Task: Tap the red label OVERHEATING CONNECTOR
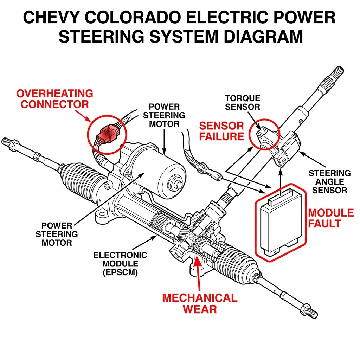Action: (x=54, y=99)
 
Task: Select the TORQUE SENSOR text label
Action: (x=243, y=102)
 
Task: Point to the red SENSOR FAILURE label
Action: (x=221, y=131)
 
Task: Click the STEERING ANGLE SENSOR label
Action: (x=329, y=181)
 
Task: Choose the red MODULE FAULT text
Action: (x=330, y=218)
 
